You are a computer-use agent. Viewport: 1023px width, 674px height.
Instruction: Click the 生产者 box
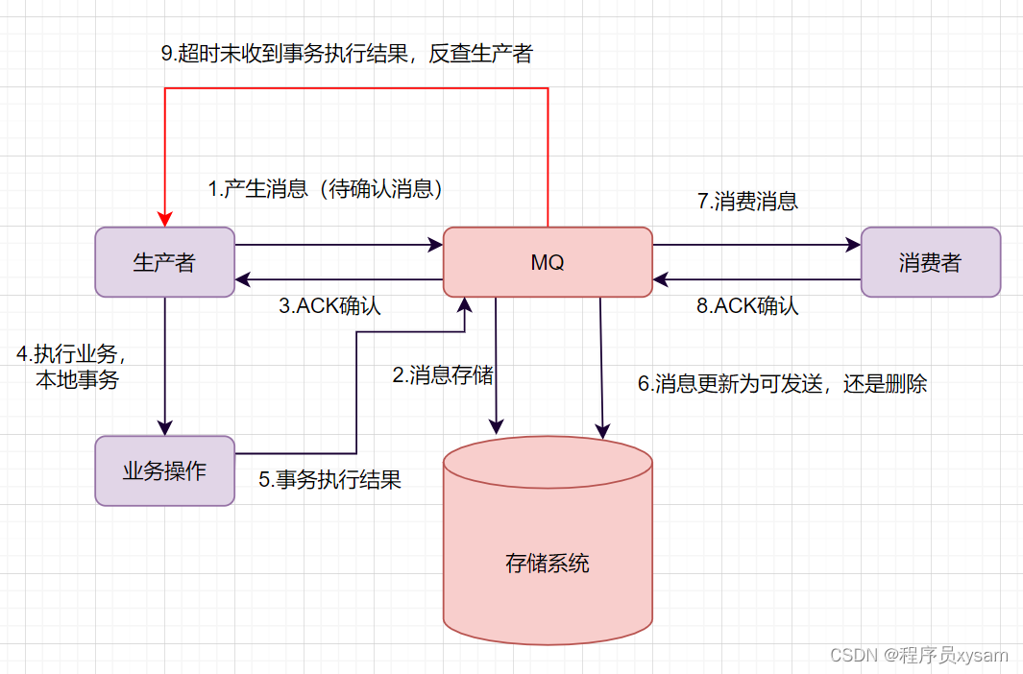pos(164,262)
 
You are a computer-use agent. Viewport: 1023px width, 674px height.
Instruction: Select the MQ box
pos(547,262)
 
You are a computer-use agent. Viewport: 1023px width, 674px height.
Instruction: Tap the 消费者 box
pos(930,262)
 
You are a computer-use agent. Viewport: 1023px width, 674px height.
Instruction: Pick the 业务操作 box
pos(164,470)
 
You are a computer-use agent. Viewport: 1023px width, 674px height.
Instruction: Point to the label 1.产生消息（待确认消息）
pos(327,189)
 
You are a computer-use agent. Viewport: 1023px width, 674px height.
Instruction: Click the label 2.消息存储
pos(443,375)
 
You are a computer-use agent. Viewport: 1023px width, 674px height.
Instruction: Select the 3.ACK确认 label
pos(329,306)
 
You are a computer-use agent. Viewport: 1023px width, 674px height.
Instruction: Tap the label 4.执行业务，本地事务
pos(72,366)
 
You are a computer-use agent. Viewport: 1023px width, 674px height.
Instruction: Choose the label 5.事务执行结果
pos(329,479)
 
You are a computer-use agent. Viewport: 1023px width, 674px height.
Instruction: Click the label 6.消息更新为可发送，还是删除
pos(782,384)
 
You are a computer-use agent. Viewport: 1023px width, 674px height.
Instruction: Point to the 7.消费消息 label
pos(747,202)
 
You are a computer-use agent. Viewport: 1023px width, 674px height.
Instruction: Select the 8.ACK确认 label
pos(747,306)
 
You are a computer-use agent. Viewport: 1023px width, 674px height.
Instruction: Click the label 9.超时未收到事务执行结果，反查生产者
pos(346,54)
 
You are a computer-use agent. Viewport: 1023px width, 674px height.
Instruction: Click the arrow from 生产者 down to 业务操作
pos(165,365)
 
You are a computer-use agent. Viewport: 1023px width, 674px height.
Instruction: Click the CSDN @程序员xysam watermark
pos(918,655)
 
